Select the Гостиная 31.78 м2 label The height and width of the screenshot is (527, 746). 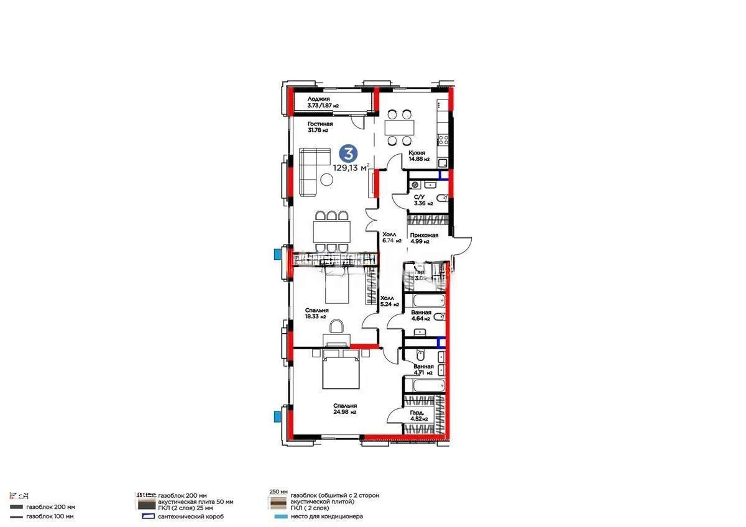click(x=320, y=127)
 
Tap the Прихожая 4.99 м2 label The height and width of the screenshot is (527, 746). click(x=424, y=239)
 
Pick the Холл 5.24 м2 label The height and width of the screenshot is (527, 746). click(x=389, y=301)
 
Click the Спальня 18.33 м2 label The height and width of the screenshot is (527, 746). click(x=316, y=313)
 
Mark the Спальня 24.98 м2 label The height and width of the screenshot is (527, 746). click(x=344, y=408)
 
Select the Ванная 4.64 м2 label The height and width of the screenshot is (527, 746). click(x=421, y=316)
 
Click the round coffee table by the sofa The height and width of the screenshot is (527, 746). click(x=326, y=180)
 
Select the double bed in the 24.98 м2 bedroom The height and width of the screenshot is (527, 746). click(x=341, y=368)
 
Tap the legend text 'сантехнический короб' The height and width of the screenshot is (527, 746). click(x=190, y=516)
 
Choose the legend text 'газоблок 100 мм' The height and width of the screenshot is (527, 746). click(x=50, y=516)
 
